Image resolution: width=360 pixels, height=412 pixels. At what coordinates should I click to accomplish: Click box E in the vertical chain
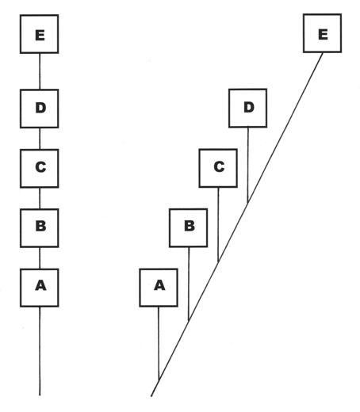point(40,34)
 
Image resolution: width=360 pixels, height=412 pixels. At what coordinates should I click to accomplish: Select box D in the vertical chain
point(40,109)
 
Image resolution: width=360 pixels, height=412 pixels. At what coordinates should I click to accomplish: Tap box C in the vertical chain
point(40,169)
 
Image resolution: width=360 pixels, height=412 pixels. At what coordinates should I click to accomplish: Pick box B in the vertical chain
point(40,228)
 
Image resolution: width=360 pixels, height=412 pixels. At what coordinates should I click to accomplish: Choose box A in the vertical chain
point(40,288)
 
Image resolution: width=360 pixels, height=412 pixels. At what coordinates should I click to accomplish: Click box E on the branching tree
point(322,33)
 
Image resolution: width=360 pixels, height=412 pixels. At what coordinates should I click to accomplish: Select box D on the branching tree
point(247,108)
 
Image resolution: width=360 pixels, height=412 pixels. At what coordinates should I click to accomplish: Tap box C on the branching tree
point(218,168)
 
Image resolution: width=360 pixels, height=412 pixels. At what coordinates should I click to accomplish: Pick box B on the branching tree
point(188,228)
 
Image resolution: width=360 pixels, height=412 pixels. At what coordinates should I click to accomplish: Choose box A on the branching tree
point(159,288)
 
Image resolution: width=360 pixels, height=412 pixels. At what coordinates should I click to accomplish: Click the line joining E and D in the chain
point(40,71)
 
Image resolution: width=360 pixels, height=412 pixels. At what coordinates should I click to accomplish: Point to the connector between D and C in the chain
point(40,139)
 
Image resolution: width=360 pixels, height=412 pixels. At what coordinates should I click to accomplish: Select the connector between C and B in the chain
point(40,198)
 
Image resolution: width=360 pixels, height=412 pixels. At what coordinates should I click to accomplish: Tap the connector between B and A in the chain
point(40,258)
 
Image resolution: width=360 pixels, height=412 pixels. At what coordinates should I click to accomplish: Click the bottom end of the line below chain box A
point(40,395)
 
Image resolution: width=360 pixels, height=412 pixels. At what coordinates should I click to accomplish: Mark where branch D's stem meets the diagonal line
point(247,203)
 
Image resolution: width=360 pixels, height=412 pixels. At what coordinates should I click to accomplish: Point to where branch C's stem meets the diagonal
point(218,261)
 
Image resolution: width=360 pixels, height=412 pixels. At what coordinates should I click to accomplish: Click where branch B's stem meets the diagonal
point(189,321)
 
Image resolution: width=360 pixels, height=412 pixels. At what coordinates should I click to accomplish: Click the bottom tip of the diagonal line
point(151,396)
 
